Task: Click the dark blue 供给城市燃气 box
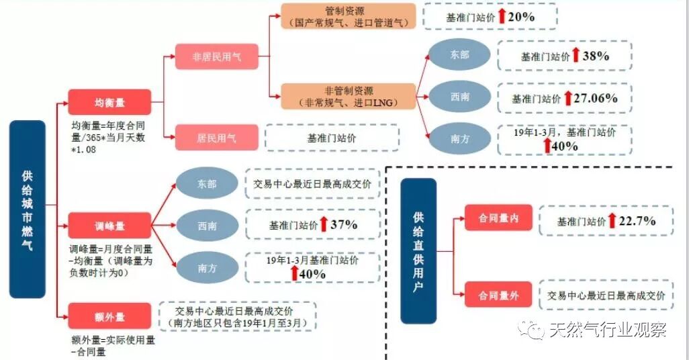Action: (27, 210)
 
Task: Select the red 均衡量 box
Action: (110, 103)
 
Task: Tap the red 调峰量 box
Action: (110, 225)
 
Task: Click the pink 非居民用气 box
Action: (217, 57)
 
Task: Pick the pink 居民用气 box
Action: (216, 138)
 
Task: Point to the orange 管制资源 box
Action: (348, 16)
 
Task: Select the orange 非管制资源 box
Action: (349, 96)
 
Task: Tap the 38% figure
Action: (595, 56)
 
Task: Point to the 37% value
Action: (343, 225)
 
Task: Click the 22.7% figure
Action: (637, 220)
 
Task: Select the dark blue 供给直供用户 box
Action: (418, 251)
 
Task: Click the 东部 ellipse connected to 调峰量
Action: (208, 183)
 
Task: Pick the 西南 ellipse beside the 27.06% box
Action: (460, 97)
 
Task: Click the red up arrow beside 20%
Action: (501, 17)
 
